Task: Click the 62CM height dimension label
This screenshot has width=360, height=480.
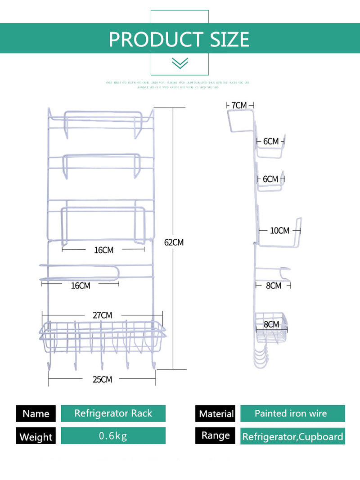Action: pyautogui.click(x=174, y=242)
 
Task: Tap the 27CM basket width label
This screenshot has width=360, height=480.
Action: pyautogui.click(x=102, y=315)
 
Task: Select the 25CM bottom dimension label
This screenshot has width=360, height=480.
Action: pyautogui.click(x=102, y=379)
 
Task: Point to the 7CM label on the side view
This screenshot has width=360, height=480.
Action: pyautogui.click(x=239, y=105)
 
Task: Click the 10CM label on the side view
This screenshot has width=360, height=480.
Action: pyautogui.click(x=279, y=231)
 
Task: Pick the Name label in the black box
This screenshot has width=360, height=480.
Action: pyautogui.click(x=36, y=413)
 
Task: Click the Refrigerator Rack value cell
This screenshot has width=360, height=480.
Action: pyautogui.click(x=113, y=413)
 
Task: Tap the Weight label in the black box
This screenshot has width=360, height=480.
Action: pyautogui.click(x=36, y=437)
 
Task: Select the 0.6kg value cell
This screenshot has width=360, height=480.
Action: pyautogui.click(x=113, y=435)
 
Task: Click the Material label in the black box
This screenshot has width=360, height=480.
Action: pyautogui.click(x=216, y=413)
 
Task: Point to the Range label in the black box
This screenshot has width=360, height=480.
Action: pyautogui.click(x=216, y=435)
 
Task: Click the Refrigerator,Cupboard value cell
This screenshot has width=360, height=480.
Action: pyautogui.click(x=292, y=436)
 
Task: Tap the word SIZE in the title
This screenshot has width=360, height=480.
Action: pyautogui.click(x=229, y=40)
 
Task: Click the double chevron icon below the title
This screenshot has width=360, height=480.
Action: pyautogui.click(x=180, y=63)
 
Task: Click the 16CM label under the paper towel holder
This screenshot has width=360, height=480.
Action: pyautogui.click(x=80, y=286)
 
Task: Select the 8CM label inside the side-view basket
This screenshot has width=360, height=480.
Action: pyautogui.click(x=271, y=324)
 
